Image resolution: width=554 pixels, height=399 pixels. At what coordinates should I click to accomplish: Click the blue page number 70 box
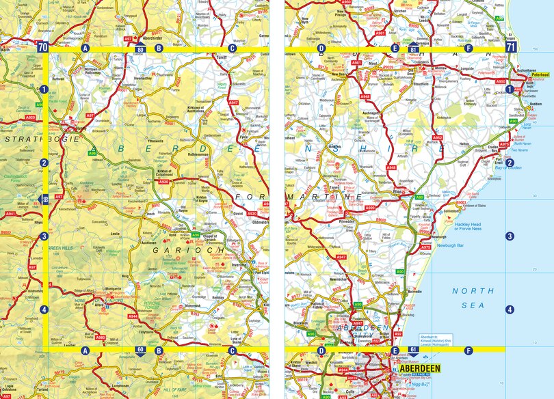coord(43,47)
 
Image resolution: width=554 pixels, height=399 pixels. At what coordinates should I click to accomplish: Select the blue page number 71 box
coord(511,47)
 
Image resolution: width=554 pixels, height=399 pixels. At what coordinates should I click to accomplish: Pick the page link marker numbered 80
coord(140,50)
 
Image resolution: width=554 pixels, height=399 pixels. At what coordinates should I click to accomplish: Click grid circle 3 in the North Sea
coord(509,236)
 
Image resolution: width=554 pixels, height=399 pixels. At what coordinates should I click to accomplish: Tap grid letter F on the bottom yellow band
coord(469,351)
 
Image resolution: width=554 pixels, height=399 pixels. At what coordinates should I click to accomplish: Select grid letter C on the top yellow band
coord(232,49)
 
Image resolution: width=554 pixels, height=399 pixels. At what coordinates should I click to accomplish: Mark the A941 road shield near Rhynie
coord(11,214)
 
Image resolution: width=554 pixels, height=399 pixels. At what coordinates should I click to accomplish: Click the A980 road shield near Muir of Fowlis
coord(101,338)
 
